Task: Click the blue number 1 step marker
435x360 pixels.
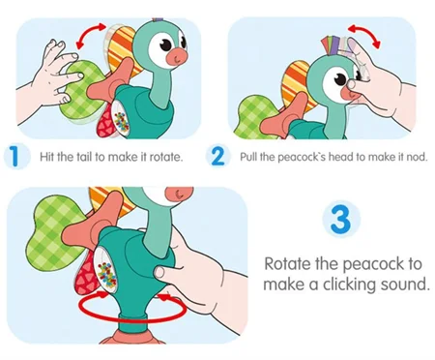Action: [x=15, y=157]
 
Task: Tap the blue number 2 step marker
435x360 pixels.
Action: [x=218, y=157]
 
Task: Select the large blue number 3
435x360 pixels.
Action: [x=341, y=219]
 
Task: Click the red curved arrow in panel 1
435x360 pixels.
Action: [x=91, y=35]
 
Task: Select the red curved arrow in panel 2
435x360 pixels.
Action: [x=365, y=35]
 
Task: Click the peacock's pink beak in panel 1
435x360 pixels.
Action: [x=177, y=56]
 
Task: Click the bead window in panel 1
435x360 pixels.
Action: [x=121, y=118]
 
